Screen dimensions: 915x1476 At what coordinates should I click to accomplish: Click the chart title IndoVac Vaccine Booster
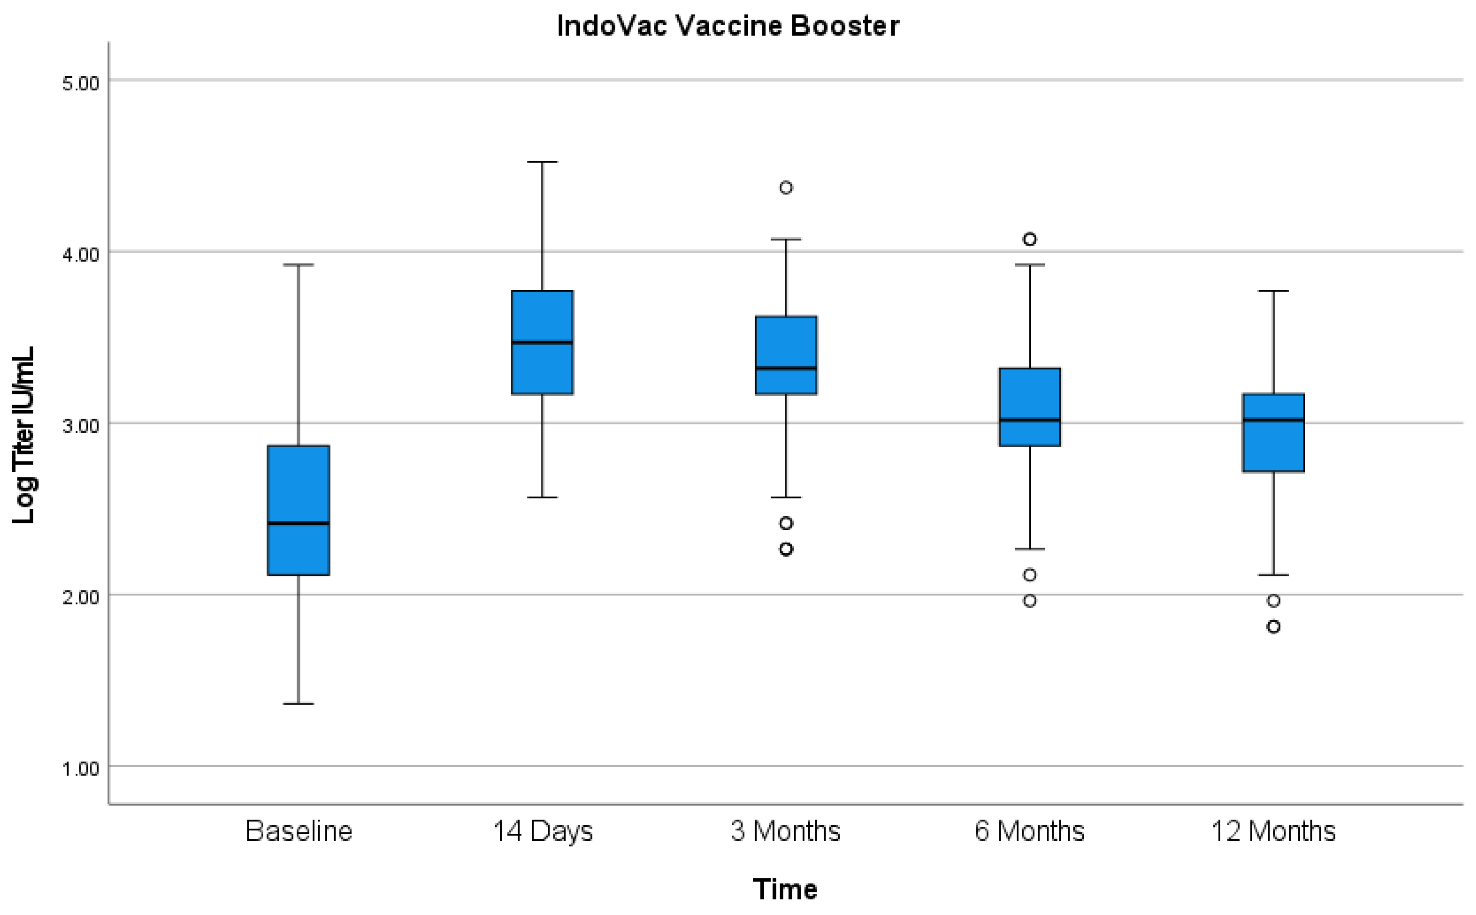pos(728,26)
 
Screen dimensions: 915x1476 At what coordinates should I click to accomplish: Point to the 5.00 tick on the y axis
pos(81,83)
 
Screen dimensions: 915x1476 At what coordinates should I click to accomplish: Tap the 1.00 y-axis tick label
pos(81,768)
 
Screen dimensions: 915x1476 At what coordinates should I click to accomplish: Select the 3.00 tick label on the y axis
pos(81,425)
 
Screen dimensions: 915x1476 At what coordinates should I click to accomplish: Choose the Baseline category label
pos(298,831)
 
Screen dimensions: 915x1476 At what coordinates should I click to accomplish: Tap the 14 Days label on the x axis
pos(542,831)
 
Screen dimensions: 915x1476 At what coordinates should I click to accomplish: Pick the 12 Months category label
pos(1273,831)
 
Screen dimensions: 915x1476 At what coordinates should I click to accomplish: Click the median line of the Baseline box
pos(298,523)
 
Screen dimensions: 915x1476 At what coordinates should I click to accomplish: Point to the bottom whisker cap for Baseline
pos(298,704)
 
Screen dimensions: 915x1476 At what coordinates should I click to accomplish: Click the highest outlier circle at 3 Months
pos(786,188)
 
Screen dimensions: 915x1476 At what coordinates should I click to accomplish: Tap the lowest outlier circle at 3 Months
pos(786,549)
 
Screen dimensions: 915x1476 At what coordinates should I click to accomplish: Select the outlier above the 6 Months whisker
pos(1029,239)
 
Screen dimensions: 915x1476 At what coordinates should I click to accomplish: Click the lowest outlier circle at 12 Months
pos(1274,627)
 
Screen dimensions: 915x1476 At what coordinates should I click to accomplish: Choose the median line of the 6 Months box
pos(1029,419)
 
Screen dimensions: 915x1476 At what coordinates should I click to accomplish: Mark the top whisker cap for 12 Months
pos(1274,291)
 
